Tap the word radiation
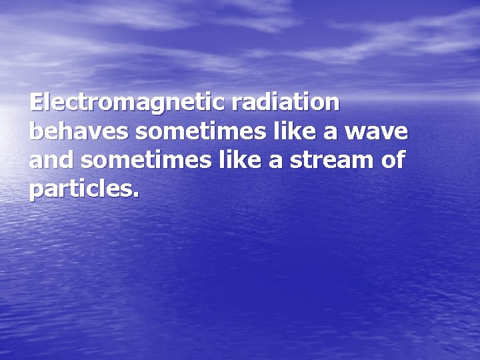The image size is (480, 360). click(286, 103)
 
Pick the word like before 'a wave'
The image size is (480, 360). click(291, 132)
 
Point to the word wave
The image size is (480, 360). click(377, 133)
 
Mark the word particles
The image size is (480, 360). click(81, 190)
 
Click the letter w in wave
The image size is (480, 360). click(359, 133)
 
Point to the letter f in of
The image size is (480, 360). click(401, 160)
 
